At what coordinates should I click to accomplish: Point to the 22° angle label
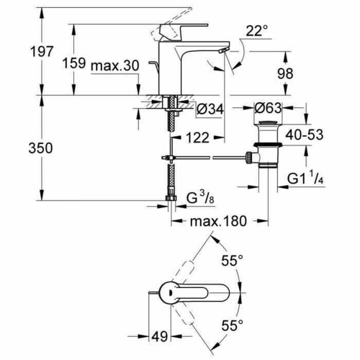click(257, 32)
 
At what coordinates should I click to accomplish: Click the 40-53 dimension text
click(305, 135)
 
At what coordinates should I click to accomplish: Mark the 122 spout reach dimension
click(195, 137)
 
